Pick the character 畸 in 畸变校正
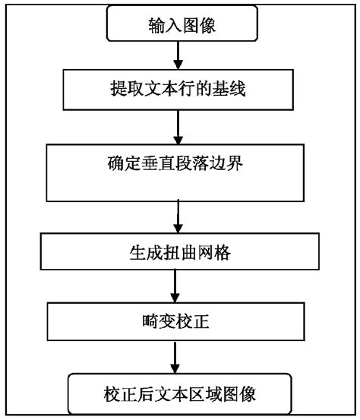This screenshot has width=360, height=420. [x=145, y=321]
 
